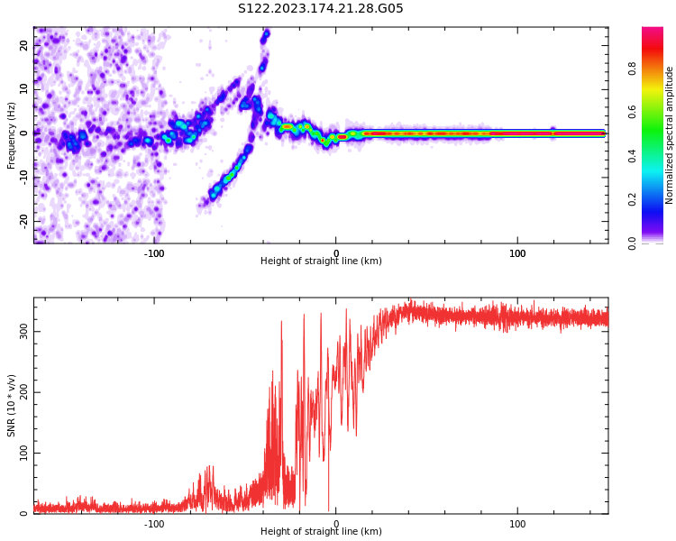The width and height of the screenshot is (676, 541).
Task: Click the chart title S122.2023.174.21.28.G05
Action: (320, 9)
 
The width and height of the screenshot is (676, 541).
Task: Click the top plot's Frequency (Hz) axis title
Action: (12, 135)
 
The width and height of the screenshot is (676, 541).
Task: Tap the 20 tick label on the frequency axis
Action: (24, 46)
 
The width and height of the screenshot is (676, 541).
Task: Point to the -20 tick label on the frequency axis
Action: (24, 220)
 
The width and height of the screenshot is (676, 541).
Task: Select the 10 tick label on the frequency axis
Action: (24, 89)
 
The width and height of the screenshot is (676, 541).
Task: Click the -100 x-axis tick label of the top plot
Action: (154, 252)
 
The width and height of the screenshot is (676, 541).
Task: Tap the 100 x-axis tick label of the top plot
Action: (517, 252)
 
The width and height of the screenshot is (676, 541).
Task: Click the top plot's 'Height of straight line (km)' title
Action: (321, 261)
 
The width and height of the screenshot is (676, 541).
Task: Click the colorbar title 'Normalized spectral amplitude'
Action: (670, 135)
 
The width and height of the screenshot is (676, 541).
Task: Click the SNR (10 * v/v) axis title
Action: (12, 406)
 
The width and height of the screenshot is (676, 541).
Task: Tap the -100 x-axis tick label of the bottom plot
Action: (154, 523)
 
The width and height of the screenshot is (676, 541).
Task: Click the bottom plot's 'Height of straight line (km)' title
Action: (321, 532)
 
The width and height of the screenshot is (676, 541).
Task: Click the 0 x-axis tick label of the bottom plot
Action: (336, 523)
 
